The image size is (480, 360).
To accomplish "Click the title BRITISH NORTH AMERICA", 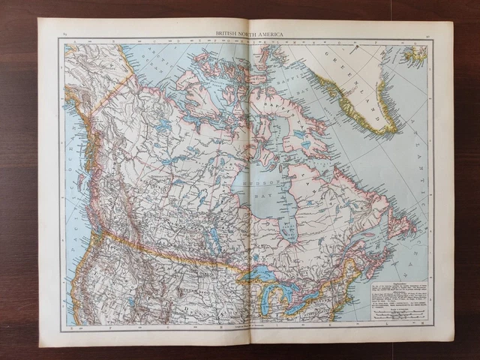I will point(246,34).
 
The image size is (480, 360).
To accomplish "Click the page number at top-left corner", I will point(65,34).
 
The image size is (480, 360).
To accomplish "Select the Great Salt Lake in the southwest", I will point(132,301).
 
